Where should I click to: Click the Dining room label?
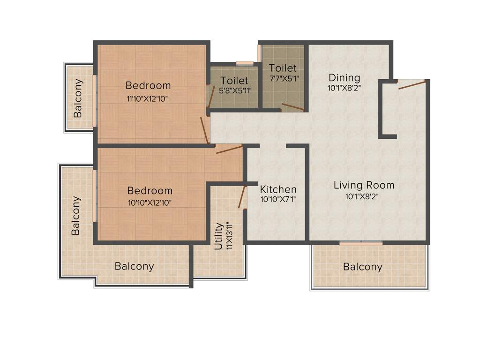(x=344, y=78)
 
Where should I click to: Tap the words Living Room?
(x=364, y=185)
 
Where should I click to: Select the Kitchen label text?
(x=278, y=189)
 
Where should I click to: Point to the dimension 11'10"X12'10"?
(x=148, y=98)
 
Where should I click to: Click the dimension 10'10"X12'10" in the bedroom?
(x=150, y=203)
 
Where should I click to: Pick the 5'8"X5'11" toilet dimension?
(x=234, y=91)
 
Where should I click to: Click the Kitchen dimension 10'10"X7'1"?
(x=278, y=199)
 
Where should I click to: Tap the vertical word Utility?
(x=218, y=236)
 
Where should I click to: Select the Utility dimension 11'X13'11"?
(x=230, y=236)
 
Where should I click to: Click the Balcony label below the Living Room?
(x=362, y=267)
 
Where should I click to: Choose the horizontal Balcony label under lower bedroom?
(x=134, y=266)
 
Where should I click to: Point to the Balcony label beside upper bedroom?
(x=78, y=98)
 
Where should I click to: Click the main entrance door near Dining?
(x=412, y=84)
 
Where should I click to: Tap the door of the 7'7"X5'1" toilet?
(x=292, y=107)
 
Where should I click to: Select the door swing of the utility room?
(x=242, y=197)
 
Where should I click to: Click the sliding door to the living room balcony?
(x=360, y=243)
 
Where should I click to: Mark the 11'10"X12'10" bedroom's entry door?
(x=204, y=130)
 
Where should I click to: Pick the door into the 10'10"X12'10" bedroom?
(x=229, y=149)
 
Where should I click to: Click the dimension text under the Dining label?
(x=344, y=88)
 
